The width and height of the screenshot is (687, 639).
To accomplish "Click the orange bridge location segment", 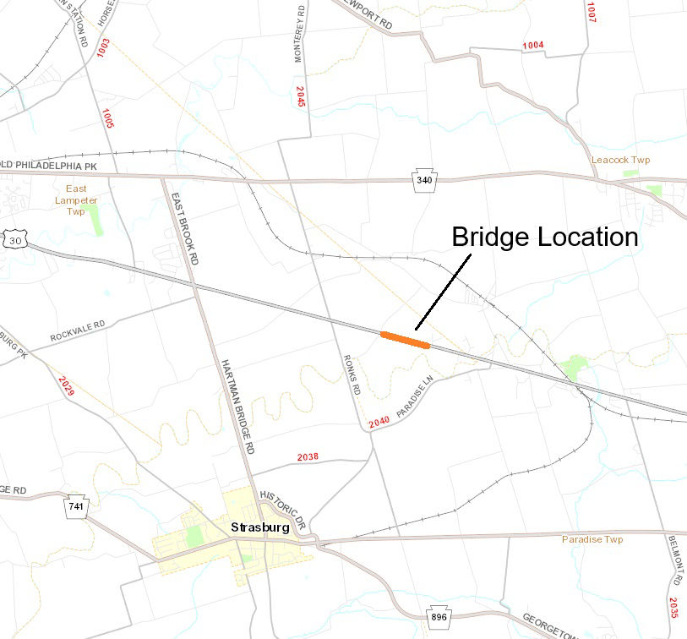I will coord(406,339).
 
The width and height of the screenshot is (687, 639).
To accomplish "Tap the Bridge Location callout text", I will coord(544,237).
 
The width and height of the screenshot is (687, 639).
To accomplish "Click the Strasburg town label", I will coord(259,527).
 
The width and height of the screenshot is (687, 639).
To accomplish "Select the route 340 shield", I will coord(423,180).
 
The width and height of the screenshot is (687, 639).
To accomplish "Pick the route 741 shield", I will coord(77,505).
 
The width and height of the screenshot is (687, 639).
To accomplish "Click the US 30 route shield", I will coord(15,239).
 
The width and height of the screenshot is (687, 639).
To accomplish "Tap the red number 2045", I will coord(301,96).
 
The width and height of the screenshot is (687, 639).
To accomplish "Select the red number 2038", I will coord(308,457).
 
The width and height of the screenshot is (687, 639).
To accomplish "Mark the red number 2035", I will coord(673,609).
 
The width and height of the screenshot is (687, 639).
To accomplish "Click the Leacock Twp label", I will coord(620,160).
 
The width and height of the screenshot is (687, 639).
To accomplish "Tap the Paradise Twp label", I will coord(592,539).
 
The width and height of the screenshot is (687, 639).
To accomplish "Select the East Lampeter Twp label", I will coord(76,200).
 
